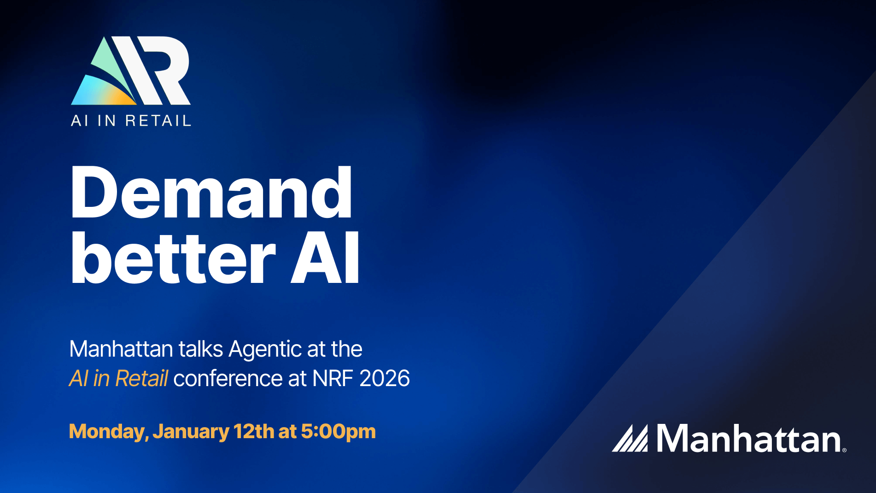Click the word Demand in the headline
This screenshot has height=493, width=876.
point(211,192)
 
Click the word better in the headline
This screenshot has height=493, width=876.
point(173,258)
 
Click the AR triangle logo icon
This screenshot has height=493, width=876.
point(130,70)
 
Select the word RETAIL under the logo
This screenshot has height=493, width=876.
point(158,121)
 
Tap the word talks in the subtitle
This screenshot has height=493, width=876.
point(201,349)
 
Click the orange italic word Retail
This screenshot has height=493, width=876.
point(141,379)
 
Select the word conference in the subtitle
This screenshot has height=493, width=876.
point(228,379)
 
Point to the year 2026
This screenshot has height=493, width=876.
point(385,379)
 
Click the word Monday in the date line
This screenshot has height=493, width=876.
point(108,432)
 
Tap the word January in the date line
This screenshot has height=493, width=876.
point(191,432)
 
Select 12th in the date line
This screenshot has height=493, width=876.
point(254,431)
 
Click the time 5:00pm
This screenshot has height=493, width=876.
point(338,432)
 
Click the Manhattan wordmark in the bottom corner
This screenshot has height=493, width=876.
point(748,438)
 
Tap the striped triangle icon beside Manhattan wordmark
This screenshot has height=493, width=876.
point(630,438)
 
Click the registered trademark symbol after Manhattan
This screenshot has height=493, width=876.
point(844,450)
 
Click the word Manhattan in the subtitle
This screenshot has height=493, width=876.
point(121,349)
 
